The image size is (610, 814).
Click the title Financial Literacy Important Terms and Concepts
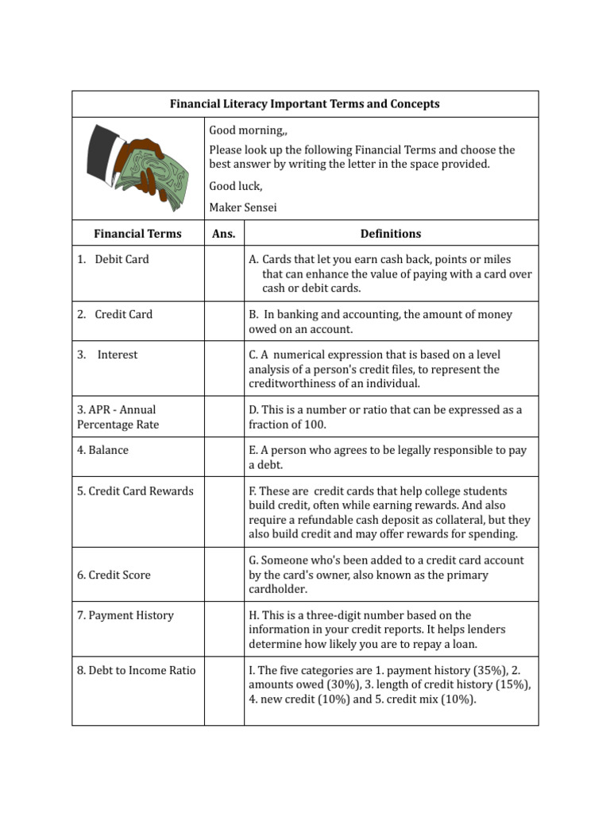pyautogui.click(x=305, y=104)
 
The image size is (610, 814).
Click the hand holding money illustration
pyautogui.click(x=137, y=168)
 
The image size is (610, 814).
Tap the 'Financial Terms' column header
pyautogui.click(x=137, y=234)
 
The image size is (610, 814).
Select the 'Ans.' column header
pyautogui.click(x=224, y=234)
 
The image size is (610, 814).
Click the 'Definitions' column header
pyautogui.click(x=391, y=234)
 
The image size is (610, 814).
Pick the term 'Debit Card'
pyautogui.click(x=121, y=259)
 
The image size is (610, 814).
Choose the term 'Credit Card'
pyautogui.click(x=123, y=314)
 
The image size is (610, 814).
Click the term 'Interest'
pyautogui.click(x=117, y=355)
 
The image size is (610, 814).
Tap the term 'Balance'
pyautogui.click(x=102, y=450)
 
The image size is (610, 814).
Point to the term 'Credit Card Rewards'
pyautogui.click(x=135, y=491)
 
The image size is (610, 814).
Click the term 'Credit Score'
pyautogui.click(x=114, y=575)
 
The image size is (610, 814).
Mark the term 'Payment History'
pyautogui.click(x=125, y=615)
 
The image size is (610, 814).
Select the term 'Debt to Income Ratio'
pyautogui.click(x=136, y=670)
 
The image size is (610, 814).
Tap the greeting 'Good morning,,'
pyautogui.click(x=245, y=130)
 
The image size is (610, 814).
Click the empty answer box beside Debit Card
pyautogui.click(x=224, y=273)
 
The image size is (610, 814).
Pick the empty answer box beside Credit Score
pyautogui.click(x=224, y=575)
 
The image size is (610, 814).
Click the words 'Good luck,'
pyautogui.click(x=235, y=186)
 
